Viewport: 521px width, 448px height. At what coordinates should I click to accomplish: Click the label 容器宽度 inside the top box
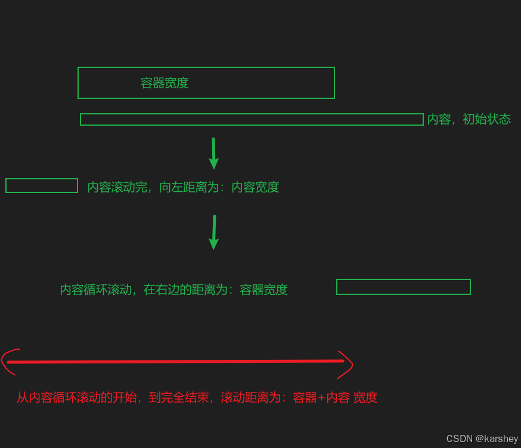coord(165,83)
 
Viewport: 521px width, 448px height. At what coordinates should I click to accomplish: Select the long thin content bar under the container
coord(252,120)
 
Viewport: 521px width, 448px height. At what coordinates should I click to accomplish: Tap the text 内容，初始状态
coord(469,119)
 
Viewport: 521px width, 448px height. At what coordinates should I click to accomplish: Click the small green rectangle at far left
coord(42,186)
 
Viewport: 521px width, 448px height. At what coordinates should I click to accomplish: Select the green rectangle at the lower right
coord(404,287)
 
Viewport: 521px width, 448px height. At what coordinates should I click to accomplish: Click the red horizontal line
coord(175,361)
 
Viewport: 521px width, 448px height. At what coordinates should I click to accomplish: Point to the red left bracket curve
coord(8,361)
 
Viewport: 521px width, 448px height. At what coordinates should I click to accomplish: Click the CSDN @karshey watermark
coord(482,438)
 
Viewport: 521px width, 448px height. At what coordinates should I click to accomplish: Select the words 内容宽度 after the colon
coord(255,188)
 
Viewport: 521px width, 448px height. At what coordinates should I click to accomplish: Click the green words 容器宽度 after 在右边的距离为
coord(263,290)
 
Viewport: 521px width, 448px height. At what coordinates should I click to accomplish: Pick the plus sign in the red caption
coord(321,398)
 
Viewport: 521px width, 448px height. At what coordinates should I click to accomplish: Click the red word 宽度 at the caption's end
coord(365,398)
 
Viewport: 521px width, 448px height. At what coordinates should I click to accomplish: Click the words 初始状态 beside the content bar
coord(486,119)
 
